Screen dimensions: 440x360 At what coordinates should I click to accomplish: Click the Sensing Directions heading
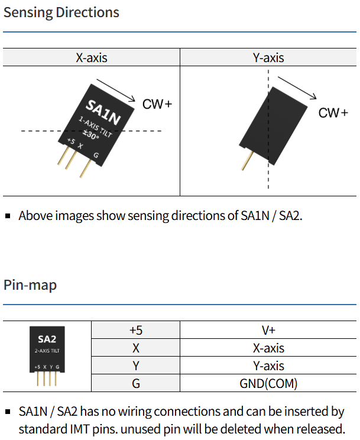[x=61, y=12]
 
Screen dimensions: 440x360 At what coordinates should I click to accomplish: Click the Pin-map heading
[x=30, y=285]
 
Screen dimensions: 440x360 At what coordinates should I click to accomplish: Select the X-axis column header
[x=92, y=57]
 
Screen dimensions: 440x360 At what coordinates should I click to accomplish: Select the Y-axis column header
[x=268, y=57]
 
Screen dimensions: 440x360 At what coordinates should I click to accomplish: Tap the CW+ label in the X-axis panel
[x=157, y=104]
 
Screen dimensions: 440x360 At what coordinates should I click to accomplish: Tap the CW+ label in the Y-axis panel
[x=333, y=113]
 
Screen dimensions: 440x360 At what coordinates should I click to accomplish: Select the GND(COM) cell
[x=268, y=383]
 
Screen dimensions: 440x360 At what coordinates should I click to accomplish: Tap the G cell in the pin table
[x=136, y=383]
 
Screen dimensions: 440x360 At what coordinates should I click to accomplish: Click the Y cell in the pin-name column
[x=136, y=366]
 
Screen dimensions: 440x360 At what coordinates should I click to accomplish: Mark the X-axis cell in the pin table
[x=268, y=348]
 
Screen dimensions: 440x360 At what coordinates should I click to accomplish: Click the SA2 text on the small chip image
[x=47, y=339]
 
